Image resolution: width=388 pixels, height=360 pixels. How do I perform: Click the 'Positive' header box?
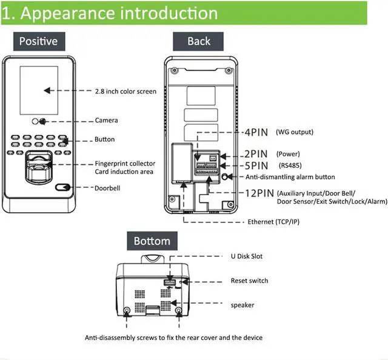tap(39, 41)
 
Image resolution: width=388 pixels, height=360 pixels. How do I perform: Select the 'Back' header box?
tap(199, 41)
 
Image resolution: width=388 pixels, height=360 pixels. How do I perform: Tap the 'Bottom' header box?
tap(152, 241)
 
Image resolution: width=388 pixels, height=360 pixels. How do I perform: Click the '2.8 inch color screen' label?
tap(125, 92)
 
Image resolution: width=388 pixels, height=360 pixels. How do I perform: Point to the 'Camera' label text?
tap(106, 121)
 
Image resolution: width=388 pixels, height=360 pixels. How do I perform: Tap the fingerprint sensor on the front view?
tap(38, 170)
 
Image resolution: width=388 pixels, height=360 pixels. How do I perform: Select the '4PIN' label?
tap(256, 132)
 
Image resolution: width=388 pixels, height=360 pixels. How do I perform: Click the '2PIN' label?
tap(256, 154)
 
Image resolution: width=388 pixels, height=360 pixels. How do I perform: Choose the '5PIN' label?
tap(256, 165)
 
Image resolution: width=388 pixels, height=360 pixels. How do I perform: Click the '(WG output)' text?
tap(295, 132)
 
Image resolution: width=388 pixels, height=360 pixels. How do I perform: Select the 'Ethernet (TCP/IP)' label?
tap(273, 222)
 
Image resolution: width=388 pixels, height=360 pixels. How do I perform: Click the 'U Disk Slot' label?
tap(247, 256)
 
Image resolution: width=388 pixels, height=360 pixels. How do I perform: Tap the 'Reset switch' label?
tap(249, 281)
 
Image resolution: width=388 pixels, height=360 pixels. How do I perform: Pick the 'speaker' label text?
tap(242, 305)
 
